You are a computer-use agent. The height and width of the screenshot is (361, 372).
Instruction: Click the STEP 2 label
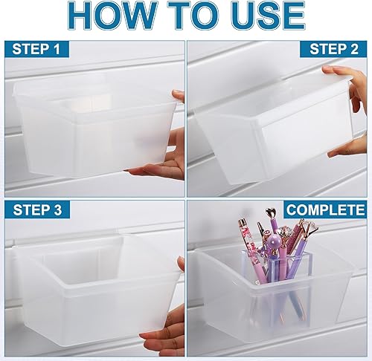(333, 51)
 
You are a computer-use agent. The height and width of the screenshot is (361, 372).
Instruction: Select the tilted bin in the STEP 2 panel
(272, 123)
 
